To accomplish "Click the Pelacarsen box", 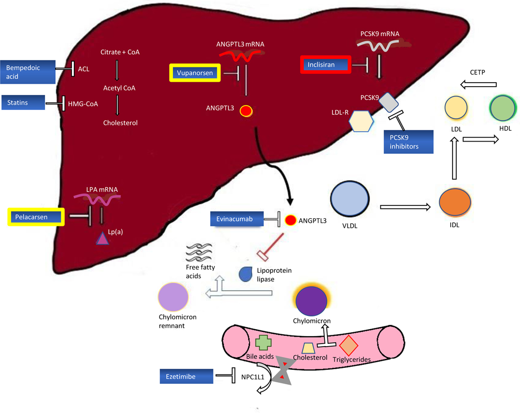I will click(36, 216).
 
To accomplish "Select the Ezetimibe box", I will click(186, 376).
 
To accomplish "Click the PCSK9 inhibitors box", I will click(408, 142).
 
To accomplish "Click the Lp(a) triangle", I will click(103, 239).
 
